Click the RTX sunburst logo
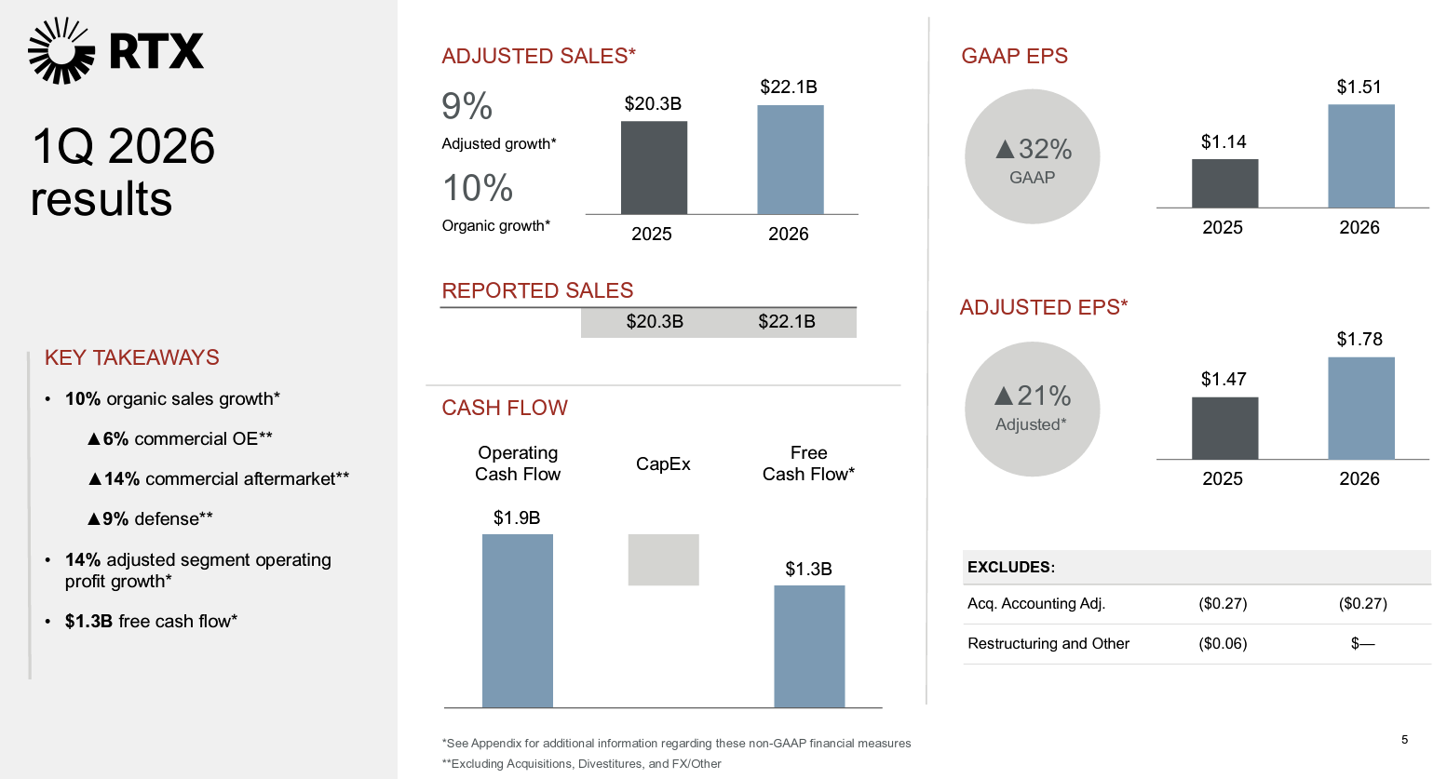[x=61, y=50]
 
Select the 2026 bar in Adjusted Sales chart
[x=790, y=159]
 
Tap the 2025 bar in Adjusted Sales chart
[x=654, y=168]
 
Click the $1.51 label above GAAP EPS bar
[x=1359, y=87]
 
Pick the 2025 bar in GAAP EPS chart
[x=1224, y=183]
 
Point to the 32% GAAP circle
[x=1032, y=156]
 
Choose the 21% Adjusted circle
[x=1032, y=409]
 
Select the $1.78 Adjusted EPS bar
[x=1360, y=408]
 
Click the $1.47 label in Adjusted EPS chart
[x=1223, y=379]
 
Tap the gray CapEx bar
[x=663, y=559]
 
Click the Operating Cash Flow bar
[x=517, y=620]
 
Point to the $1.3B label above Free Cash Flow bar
[x=808, y=569]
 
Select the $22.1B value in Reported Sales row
[x=786, y=321]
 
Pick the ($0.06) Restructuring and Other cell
[x=1223, y=643]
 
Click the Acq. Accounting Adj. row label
[x=1036, y=603]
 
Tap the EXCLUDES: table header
[x=1011, y=567]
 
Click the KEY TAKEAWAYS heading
[x=132, y=357]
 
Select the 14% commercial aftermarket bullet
[x=219, y=478]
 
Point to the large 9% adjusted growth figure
[x=467, y=106]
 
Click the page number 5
[x=1404, y=739]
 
